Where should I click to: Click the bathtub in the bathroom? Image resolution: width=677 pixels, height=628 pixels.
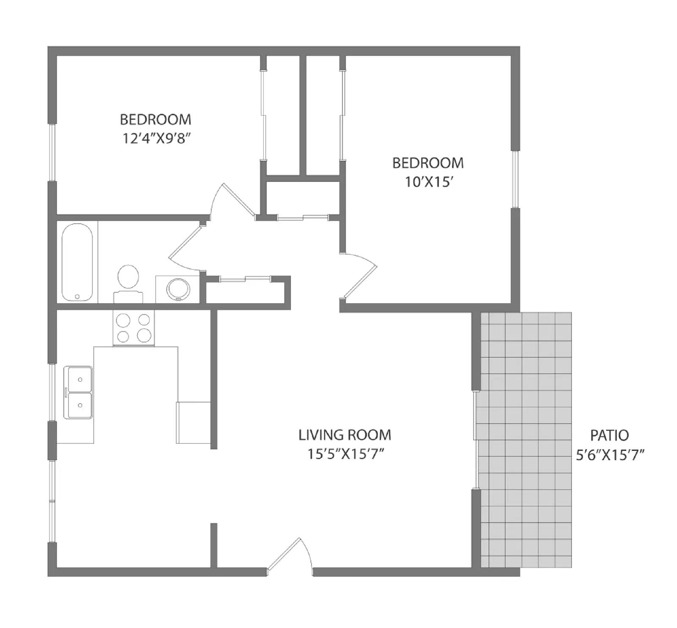pyautogui.click(x=77, y=262)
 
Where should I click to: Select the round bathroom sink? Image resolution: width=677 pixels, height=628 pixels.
pyautogui.click(x=178, y=289)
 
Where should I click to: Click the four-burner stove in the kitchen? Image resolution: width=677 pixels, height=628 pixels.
pyautogui.click(x=133, y=328)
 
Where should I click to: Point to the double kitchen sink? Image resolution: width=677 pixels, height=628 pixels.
pyautogui.click(x=78, y=392)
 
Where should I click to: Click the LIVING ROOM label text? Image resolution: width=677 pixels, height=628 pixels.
pyautogui.click(x=344, y=435)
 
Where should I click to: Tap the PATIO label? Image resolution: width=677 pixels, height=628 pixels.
pyautogui.click(x=609, y=435)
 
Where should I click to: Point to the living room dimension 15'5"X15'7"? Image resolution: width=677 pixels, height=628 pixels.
pyautogui.click(x=345, y=454)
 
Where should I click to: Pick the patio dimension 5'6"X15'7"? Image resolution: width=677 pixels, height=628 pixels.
pyautogui.click(x=610, y=455)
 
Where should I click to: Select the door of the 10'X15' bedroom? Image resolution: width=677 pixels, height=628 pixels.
pyautogui.click(x=360, y=275)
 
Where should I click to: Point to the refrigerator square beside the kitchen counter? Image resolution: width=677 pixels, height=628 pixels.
pyautogui.click(x=193, y=422)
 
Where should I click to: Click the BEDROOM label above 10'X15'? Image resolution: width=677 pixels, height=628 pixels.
pyautogui.click(x=428, y=163)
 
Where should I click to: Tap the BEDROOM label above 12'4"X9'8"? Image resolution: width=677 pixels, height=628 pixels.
pyautogui.click(x=155, y=119)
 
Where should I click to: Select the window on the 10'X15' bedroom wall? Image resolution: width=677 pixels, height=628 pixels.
pyautogui.click(x=515, y=179)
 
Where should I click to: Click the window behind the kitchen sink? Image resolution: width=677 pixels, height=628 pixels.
pyautogui.click(x=52, y=392)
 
